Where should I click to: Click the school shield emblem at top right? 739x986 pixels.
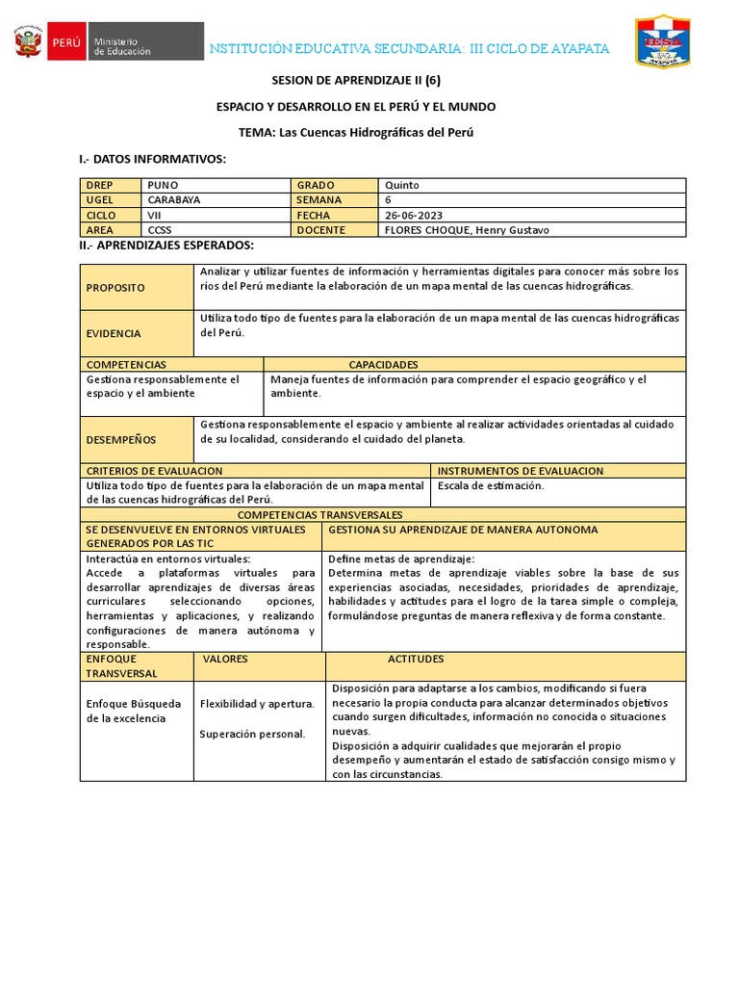[662, 40]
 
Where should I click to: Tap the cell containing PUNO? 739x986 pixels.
[163, 185]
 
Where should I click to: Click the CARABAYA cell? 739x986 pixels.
[174, 199]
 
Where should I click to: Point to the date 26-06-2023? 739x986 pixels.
[414, 215]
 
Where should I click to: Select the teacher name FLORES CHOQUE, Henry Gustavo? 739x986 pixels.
[467, 230]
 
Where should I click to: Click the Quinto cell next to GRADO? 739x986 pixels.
[402, 185]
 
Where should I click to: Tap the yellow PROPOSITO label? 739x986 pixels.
[115, 287]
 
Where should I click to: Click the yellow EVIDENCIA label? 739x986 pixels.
[114, 333]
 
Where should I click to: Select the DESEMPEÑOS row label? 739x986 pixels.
[121, 439]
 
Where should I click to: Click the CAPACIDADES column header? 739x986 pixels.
[383, 365]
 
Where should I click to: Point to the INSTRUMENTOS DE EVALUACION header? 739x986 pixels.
[521, 471]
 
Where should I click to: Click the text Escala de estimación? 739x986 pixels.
[491, 486]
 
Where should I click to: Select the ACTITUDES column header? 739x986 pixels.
[416, 660]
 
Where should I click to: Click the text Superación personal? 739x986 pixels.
[252, 734]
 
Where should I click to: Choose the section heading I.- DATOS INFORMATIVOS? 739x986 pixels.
[151, 158]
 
